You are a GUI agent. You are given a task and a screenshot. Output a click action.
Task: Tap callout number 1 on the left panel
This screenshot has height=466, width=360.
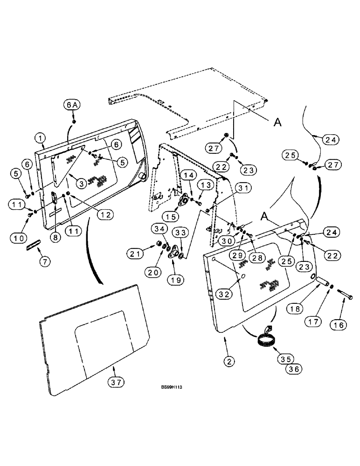[x=41, y=138]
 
